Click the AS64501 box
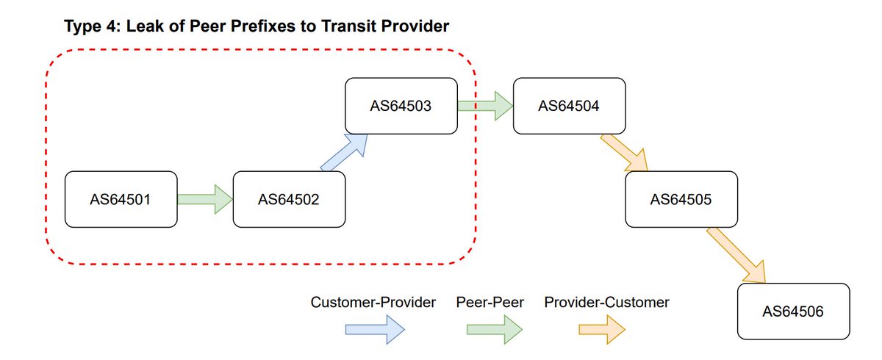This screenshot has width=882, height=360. pos(121,198)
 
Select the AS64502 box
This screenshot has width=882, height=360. pos(289,198)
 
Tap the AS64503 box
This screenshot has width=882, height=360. pos(401,106)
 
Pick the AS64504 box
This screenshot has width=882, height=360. pos(569,106)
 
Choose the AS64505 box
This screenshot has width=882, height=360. pos(681,198)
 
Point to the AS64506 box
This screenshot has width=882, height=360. pos(793,312)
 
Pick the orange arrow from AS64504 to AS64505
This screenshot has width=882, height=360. pos(625,153)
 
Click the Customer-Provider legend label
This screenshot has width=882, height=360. pos(373,302)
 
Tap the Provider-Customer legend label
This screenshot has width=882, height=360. pos(606,302)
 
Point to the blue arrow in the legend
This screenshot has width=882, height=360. pos(374,329)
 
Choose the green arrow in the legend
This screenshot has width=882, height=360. pos(495,329)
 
